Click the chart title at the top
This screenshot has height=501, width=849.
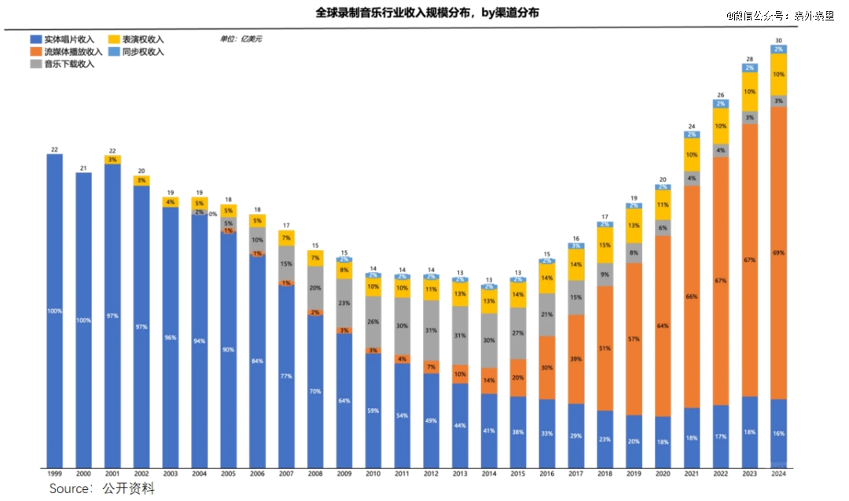[427, 13]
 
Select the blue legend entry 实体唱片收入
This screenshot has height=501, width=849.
[68, 39]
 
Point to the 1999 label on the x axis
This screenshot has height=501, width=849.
[54, 474]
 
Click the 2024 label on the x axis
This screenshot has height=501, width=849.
[778, 474]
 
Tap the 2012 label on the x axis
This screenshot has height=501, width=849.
[432, 474]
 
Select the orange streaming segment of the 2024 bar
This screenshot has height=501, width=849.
[778, 252]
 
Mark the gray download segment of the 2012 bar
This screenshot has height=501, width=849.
[432, 330]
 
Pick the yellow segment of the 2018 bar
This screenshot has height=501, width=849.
[605, 245]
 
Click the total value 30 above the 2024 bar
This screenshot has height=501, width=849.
[778, 40]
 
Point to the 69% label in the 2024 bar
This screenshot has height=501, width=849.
[778, 252]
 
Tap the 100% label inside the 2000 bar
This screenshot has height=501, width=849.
[83, 320]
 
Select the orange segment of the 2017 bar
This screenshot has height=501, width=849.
[576, 359]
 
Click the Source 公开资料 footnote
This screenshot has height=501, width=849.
[102, 489]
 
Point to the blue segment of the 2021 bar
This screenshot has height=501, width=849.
[692, 437]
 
